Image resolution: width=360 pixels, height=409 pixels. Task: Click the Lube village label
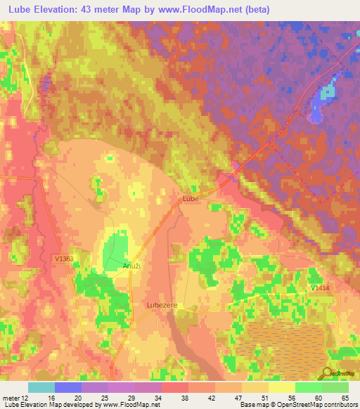pos(191,199)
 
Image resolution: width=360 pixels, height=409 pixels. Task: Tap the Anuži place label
pos(112,266)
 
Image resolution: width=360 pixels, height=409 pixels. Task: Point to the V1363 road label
pos(64,259)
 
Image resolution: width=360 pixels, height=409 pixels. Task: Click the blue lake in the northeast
pos(326,93)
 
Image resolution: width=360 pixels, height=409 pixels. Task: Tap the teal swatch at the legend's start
pos(41,387)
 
